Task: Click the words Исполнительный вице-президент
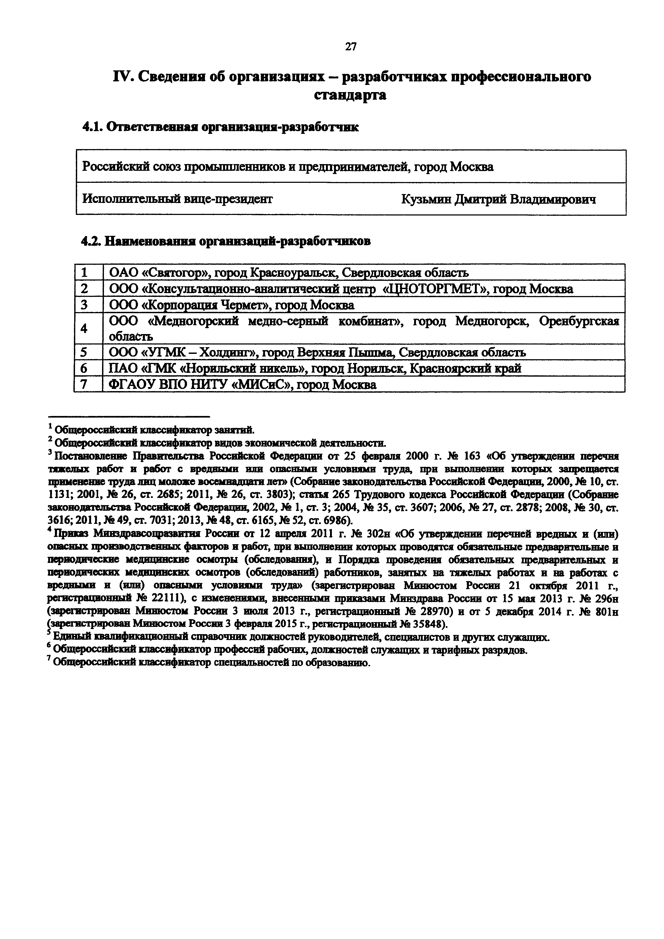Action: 177,199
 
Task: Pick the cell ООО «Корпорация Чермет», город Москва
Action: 232,305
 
